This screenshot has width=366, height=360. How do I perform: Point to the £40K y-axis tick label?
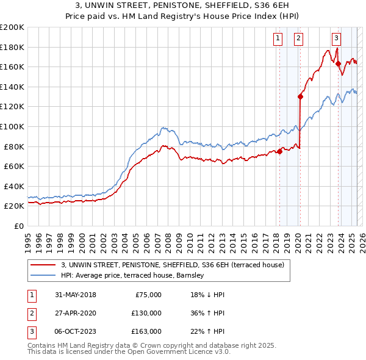14,186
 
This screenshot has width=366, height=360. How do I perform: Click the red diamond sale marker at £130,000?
300,96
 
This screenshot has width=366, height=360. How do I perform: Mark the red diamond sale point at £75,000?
279,151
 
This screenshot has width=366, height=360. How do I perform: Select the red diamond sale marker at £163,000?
337,63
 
